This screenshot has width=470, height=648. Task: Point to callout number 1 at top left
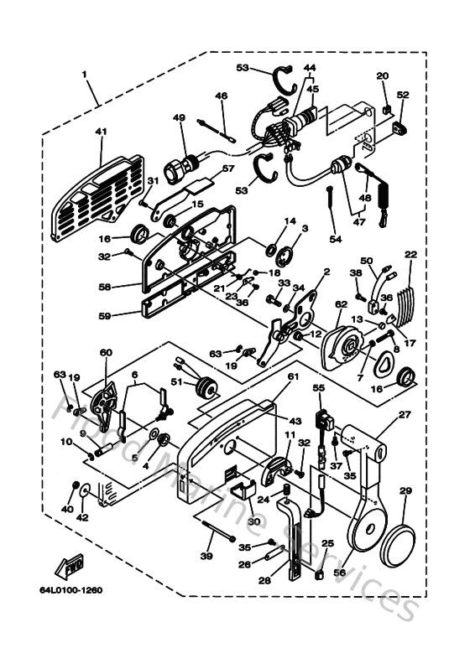[85, 74]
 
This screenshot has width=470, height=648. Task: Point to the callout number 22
[410, 255]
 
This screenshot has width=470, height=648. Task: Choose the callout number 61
[293, 377]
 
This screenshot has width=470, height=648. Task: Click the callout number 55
[318, 388]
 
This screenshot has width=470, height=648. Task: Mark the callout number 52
[403, 96]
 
